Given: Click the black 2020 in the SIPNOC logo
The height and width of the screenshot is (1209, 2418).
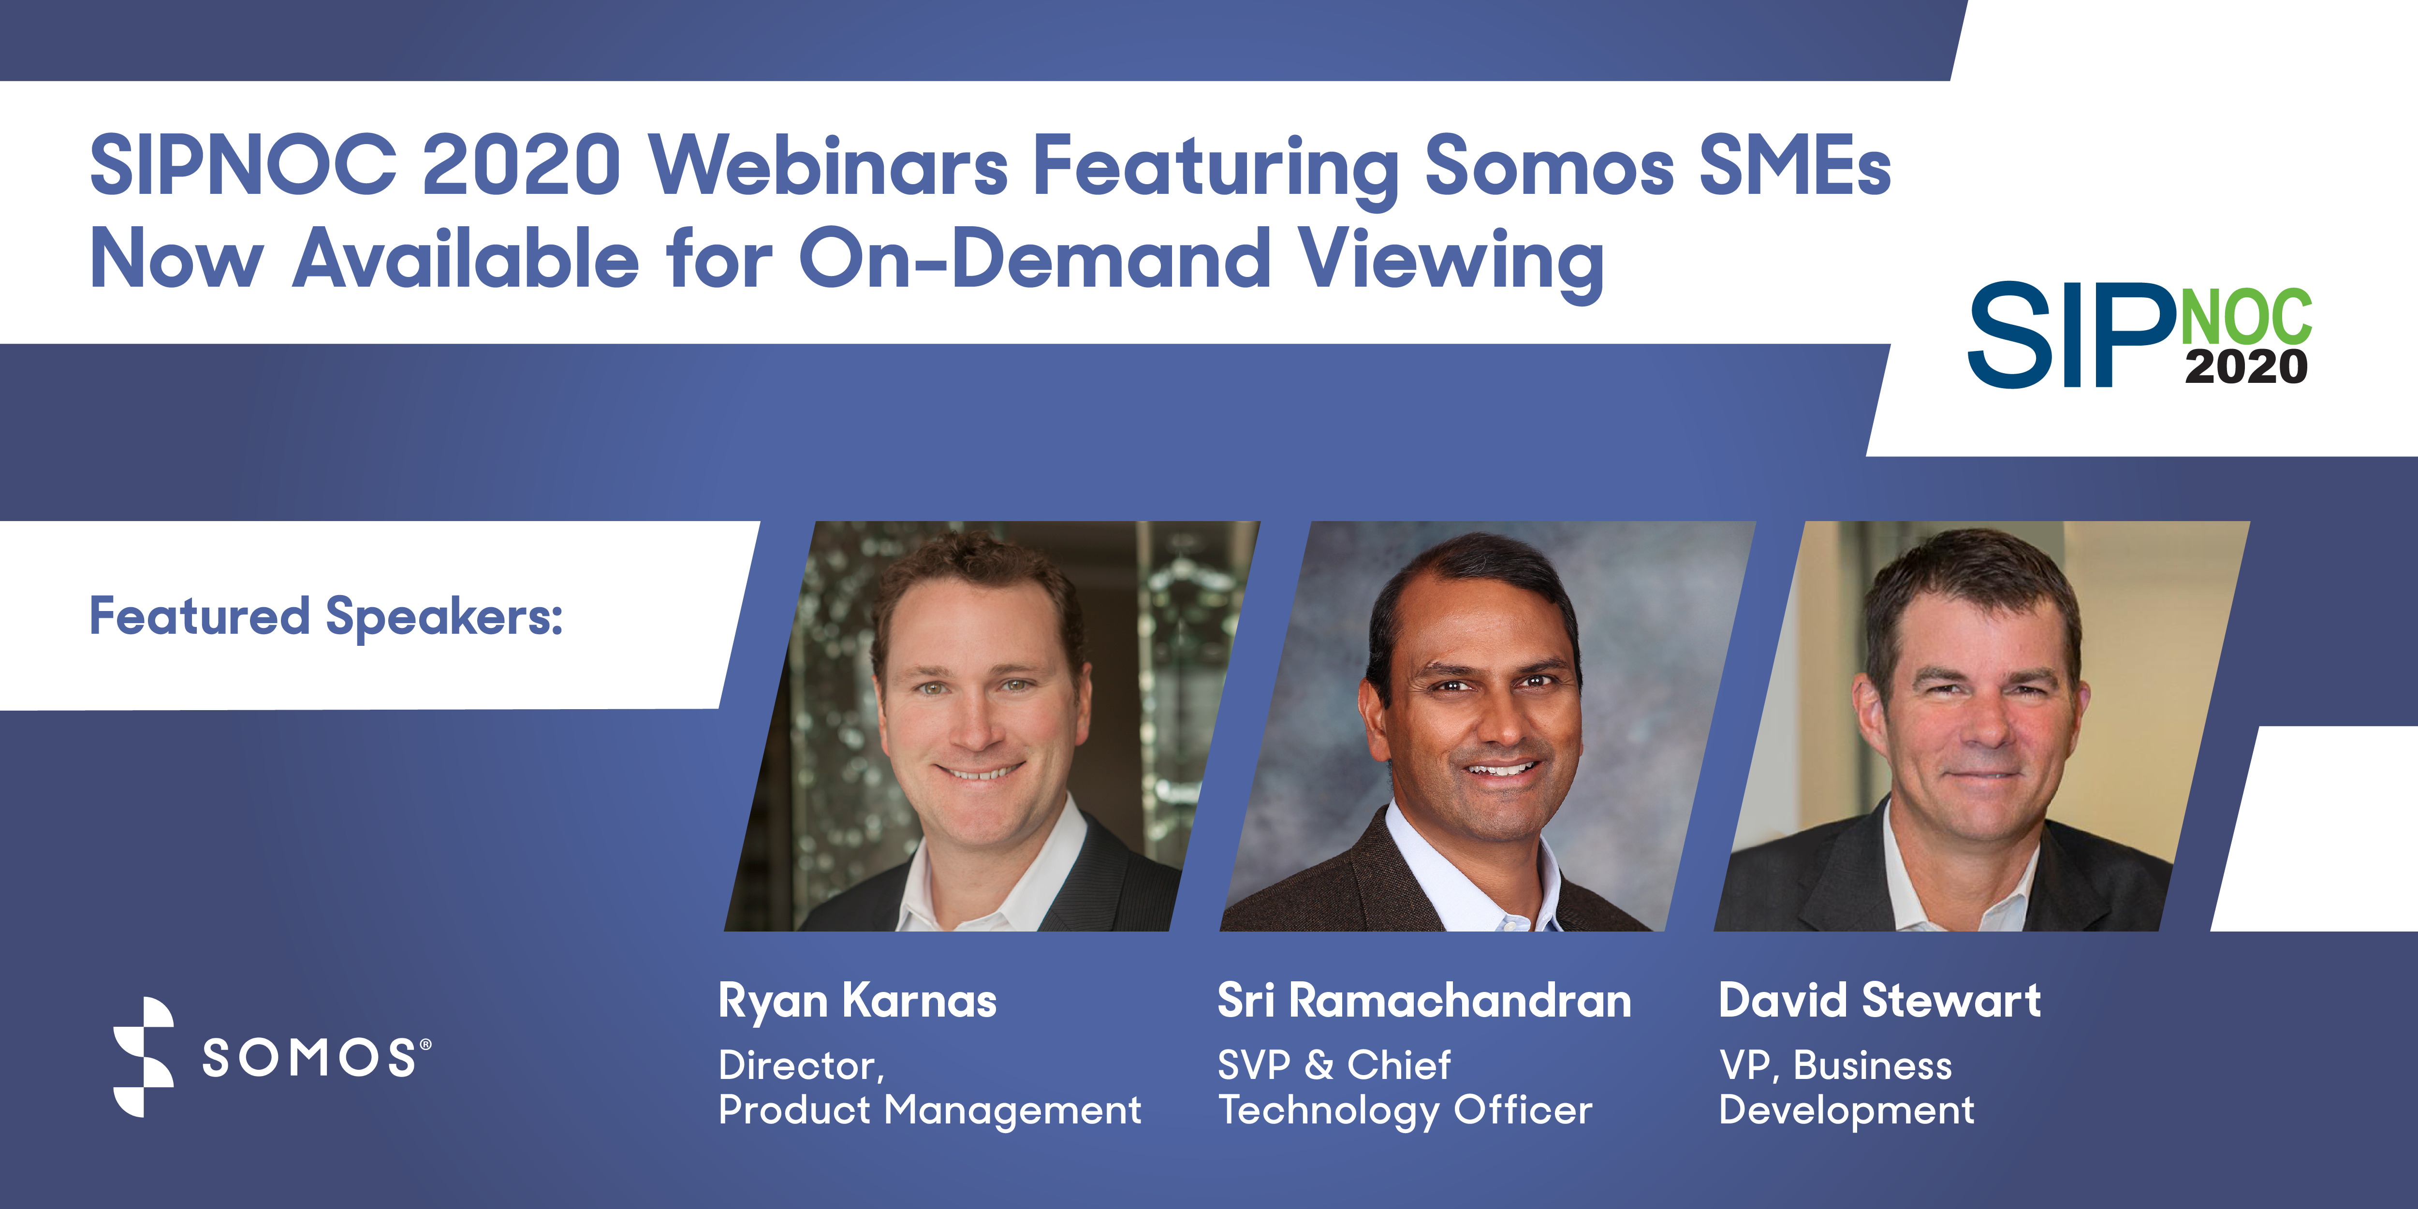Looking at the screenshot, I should click(2245, 366).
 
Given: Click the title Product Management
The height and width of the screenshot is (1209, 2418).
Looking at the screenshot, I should click(929, 1110).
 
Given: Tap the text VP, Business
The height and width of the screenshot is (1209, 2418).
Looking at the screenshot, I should click(1835, 1065).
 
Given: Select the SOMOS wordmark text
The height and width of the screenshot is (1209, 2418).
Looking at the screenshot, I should click(310, 1059).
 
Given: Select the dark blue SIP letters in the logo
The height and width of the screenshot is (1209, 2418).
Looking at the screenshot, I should click(2070, 335).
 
